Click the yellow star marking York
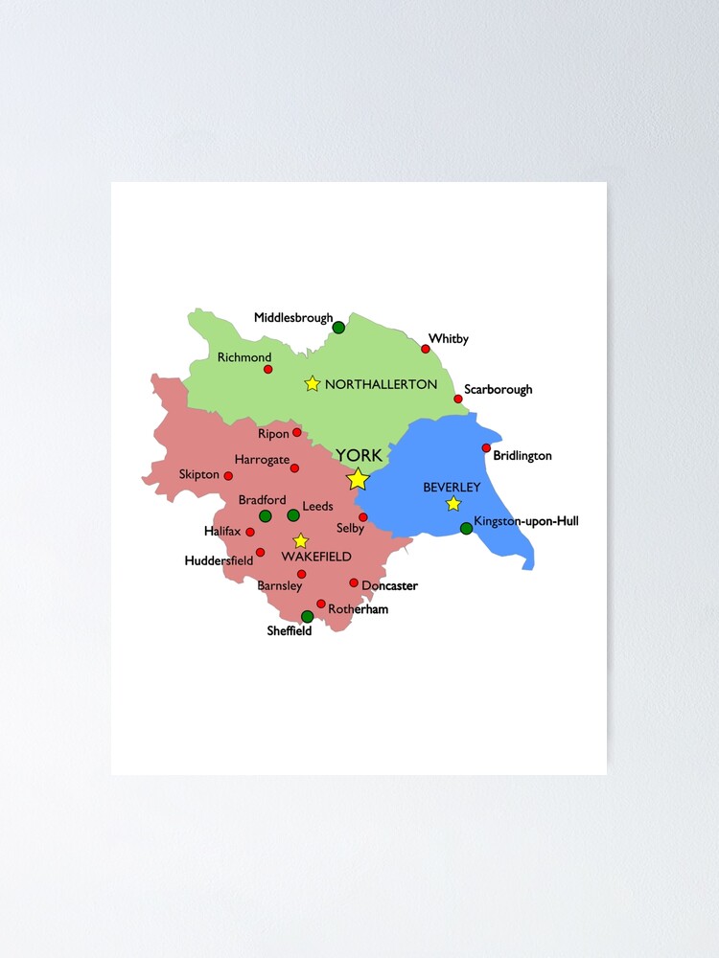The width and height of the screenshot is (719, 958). tap(358, 479)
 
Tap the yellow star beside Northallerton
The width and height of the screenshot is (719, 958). tap(312, 384)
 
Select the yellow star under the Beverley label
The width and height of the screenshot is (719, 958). tap(453, 504)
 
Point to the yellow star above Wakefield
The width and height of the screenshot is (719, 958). tap(300, 541)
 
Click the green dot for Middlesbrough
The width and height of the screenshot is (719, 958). tap(338, 328)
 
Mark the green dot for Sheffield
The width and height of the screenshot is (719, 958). tap(307, 617)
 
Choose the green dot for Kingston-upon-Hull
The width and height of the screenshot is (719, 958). tap(466, 528)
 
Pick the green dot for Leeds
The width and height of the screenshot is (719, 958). tap(293, 515)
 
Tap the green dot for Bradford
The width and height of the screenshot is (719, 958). tap(266, 516)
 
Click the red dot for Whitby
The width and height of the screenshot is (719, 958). tap(426, 349)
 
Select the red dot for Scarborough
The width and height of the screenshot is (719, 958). tap(458, 399)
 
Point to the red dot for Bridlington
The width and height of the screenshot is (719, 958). tap(486, 448)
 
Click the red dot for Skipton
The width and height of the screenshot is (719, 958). tap(228, 476)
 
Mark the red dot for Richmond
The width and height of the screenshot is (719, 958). tap(268, 369)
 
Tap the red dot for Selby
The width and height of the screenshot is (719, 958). tap(363, 517)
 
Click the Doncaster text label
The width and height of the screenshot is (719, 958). tap(389, 585)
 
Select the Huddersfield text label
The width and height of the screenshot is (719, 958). tap(219, 560)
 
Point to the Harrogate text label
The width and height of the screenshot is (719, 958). tap(262, 460)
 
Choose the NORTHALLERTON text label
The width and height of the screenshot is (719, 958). tap(381, 384)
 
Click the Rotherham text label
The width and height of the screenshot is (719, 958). tap(358, 609)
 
